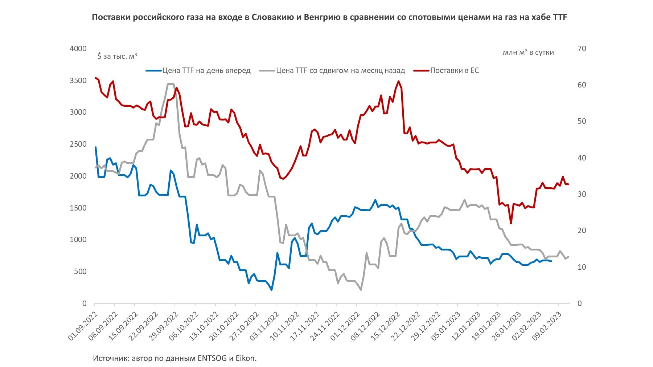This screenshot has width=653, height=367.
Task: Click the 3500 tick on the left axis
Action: [x=78, y=81]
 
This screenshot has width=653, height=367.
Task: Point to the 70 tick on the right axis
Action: [x=582, y=49]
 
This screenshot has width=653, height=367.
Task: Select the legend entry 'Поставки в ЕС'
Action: [x=454, y=71]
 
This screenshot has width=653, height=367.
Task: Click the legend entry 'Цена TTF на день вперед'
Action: [x=206, y=71]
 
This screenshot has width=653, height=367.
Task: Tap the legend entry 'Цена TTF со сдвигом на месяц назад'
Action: [x=340, y=71]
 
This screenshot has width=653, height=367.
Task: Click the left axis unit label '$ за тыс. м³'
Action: [x=117, y=56]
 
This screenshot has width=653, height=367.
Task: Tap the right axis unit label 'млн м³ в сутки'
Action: [x=528, y=53]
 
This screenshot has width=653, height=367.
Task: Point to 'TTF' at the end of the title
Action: [x=560, y=17]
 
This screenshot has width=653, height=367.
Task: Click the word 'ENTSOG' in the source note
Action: [x=212, y=358]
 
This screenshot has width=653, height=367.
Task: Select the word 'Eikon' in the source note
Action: [x=246, y=358]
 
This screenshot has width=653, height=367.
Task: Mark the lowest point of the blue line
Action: [x=272, y=290]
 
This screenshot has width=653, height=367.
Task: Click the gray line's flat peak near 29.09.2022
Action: [x=171, y=84]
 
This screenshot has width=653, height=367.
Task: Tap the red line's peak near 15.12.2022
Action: [x=398, y=81]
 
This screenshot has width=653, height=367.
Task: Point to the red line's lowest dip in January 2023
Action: [x=511, y=223]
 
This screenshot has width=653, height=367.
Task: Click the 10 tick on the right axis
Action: [x=582, y=267]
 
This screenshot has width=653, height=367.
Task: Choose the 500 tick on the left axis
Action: [x=80, y=272]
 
